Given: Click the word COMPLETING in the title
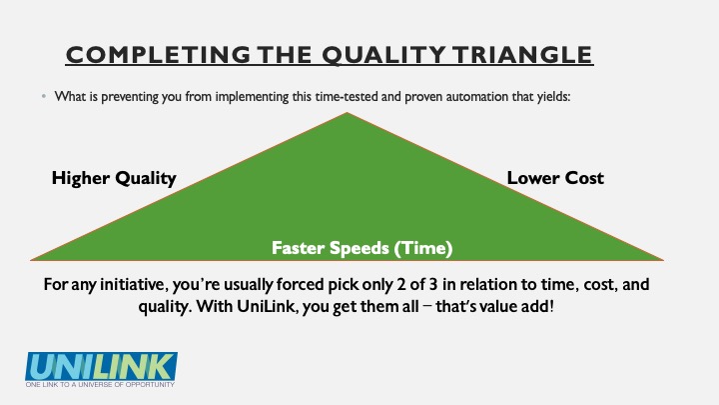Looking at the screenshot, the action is [x=158, y=55].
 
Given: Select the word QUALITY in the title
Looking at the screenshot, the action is [x=383, y=55].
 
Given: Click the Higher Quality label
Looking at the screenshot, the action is [x=114, y=178].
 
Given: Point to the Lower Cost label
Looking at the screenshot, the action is [x=555, y=178].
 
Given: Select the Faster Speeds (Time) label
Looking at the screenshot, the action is [x=362, y=248].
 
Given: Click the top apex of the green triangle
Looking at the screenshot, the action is [x=348, y=112].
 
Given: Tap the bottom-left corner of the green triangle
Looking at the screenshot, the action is [x=31, y=260].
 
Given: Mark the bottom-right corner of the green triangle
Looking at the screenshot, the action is [x=663, y=260].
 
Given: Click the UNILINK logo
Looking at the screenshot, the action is [x=101, y=366].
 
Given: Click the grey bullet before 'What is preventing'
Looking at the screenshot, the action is [x=44, y=96].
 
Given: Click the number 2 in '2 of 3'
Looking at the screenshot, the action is [x=401, y=285].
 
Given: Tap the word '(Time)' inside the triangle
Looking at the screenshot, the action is [x=423, y=248].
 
